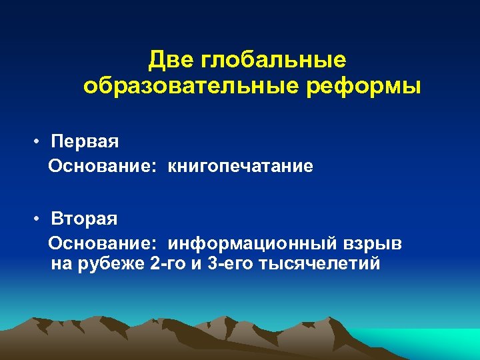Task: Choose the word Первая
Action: [85, 142]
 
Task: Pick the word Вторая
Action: [85, 219]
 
